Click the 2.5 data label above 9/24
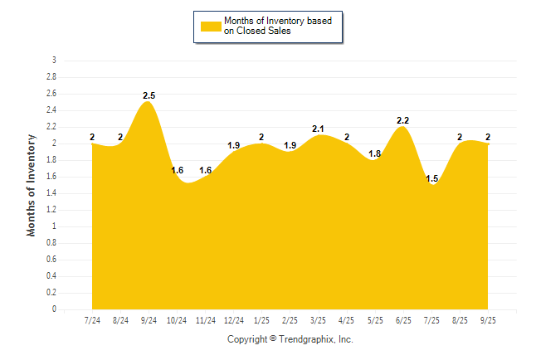click(x=149, y=96)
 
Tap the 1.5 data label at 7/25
click(x=431, y=179)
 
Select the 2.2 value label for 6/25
click(x=403, y=121)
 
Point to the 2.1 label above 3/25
click(x=318, y=129)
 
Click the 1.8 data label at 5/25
click(x=375, y=154)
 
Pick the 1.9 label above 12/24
click(x=233, y=146)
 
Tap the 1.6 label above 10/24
click(x=177, y=171)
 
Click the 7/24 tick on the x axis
click(x=92, y=320)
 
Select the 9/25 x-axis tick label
click(x=488, y=320)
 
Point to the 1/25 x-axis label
click(x=261, y=320)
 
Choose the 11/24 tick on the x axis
click(x=205, y=320)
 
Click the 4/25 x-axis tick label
click(x=347, y=320)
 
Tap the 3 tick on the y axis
click(x=54, y=61)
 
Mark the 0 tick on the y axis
click(x=54, y=309)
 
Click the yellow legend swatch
click(x=211, y=26)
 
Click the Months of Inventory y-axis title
click(x=32, y=185)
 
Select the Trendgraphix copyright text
click(x=290, y=339)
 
